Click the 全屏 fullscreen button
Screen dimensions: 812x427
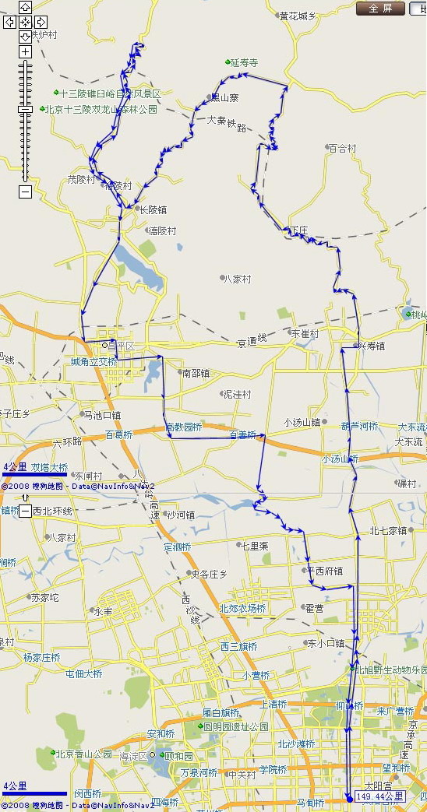point(380,9)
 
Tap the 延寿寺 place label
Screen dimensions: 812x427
point(243,62)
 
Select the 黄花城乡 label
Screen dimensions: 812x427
point(298,16)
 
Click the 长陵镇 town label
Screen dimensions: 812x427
point(152,209)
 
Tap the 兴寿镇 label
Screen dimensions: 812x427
point(371,345)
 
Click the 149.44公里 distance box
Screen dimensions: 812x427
point(380,796)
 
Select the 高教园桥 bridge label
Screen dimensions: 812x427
point(184,427)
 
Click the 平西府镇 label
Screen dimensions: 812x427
point(324,571)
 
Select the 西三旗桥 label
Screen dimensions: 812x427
point(238,646)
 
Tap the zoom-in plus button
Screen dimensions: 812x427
point(25,51)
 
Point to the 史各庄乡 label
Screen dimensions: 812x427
point(208,574)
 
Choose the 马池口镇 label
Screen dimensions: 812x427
point(101,415)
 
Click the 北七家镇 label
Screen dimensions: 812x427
point(388,530)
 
